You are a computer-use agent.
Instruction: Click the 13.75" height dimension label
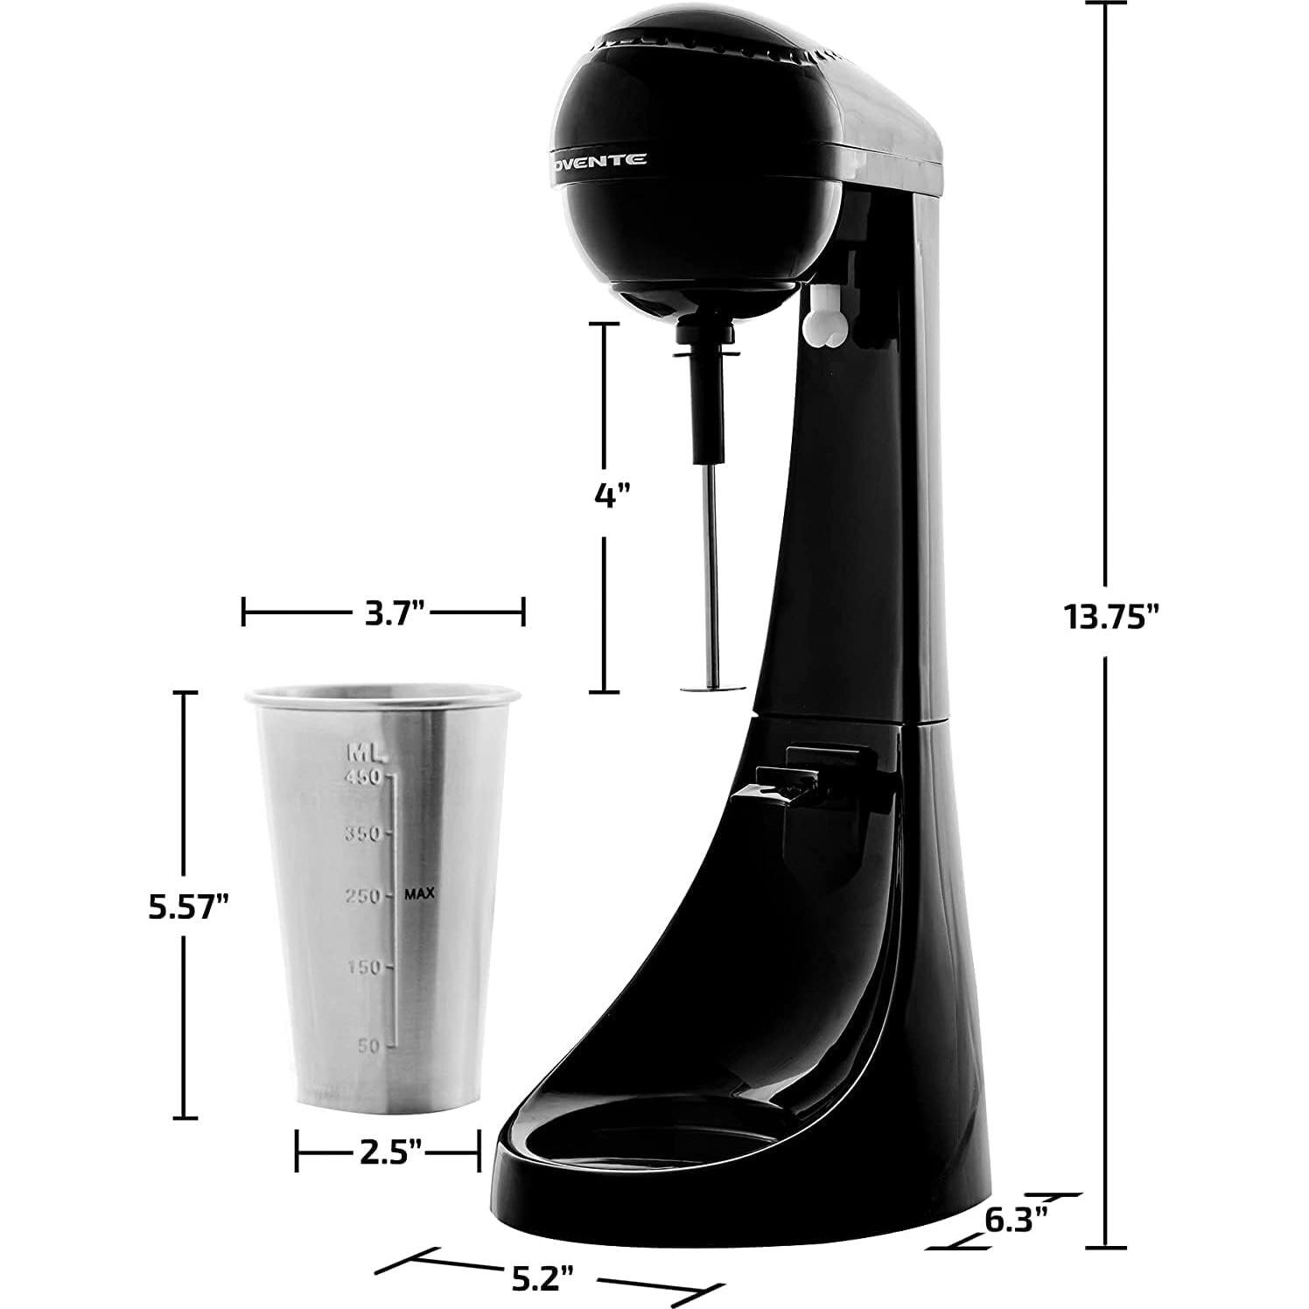1109,616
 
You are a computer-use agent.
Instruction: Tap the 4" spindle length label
612,495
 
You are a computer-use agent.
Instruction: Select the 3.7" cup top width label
383,612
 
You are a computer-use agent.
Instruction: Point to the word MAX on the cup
419,893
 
